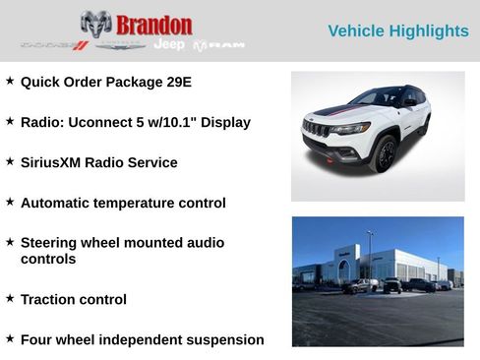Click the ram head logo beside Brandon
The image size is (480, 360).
pyautogui.click(x=95, y=24)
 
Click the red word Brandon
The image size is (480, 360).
pyautogui.click(x=153, y=25)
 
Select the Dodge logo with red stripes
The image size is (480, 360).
pyautogui.click(x=54, y=45)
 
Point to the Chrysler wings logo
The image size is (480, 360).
pyautogui.click(x=122, y=45)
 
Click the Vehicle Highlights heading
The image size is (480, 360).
pyautogui.click(x=397, y=31)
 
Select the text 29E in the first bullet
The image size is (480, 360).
pyautogui.click(x=178, y=82)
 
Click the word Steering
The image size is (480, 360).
pyautogui.click(x=52, y=242)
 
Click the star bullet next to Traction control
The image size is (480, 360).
pyautogui.click(x=10, y=298)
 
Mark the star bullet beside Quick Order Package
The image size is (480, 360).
pyautogui.click(x=10, y=81)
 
